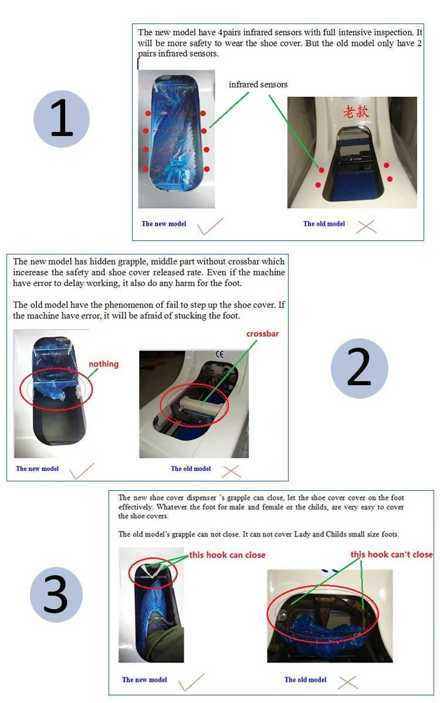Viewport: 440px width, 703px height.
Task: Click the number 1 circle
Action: pyautogui.click(x=62, y=118)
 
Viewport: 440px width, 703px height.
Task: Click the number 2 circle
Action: pyautogui.click(x=359, y=368)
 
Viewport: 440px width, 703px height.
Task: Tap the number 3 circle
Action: pyautogui.click(x=56, y=595)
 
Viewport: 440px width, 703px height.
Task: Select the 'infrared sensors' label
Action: pyautogui.click(x=258, y=84)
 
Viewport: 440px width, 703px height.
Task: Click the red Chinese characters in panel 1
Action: pyautogui.click(x=356, y=111)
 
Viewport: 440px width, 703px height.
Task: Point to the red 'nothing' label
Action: pyautogui.click(x=104, y=364)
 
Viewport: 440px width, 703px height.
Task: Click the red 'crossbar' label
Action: pyautogui.click(x=262, y=334)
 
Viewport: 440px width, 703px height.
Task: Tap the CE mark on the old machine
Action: pyautogui.click(x=219, y=355)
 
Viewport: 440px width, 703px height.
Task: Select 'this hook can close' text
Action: pyautogui.click(x=227, y=555)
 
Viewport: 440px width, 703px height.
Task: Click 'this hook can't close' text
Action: pyautogui.click(x=391, y=554)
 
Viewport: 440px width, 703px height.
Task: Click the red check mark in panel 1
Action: pyautogui.click(x=211, y=226)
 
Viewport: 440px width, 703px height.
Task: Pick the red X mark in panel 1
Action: pyautogui.click(x=366, y=226)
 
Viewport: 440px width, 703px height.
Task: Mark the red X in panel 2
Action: pyautogui.click(x=231, y=470)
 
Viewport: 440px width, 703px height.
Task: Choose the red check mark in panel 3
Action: pyautogui.click(x=191, y=682)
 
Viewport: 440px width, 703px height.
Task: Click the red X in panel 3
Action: pyautogui.click(x=348, y=682)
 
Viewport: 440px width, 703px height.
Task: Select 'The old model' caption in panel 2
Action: pyautogui.click(x=191, y=468)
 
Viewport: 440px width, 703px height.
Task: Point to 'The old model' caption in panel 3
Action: pyautogui.click(x=305, y=680)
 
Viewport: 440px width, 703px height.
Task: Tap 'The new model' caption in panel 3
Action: pyautogui.click(x=144, y=680)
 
